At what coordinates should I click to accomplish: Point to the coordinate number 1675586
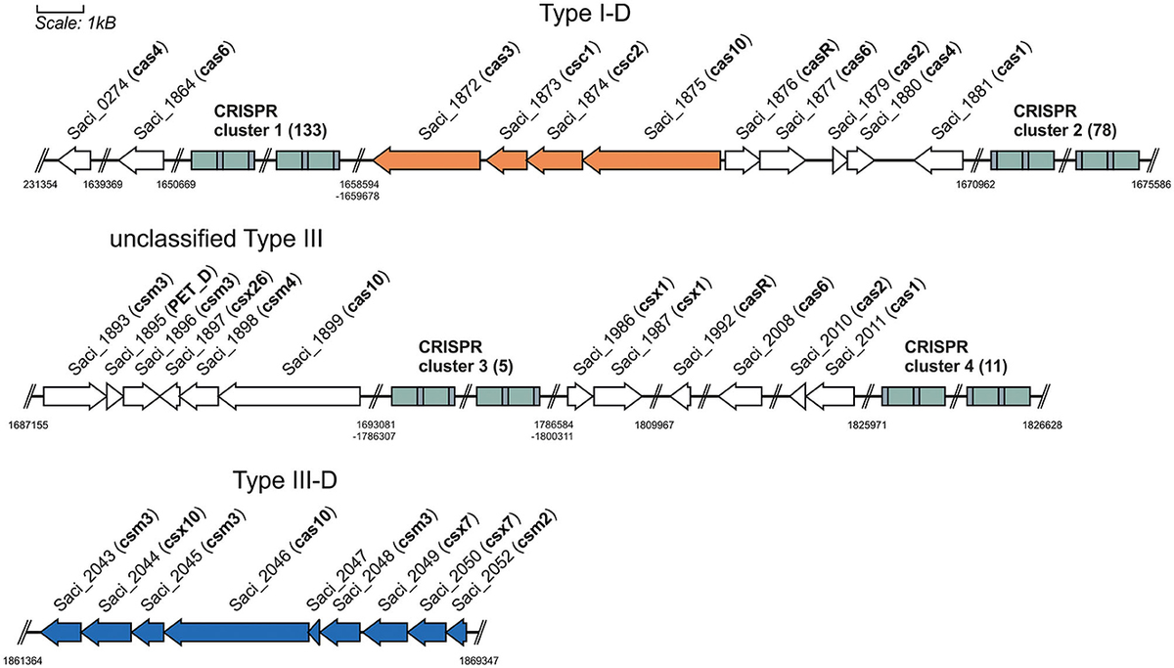[1141, 186]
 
